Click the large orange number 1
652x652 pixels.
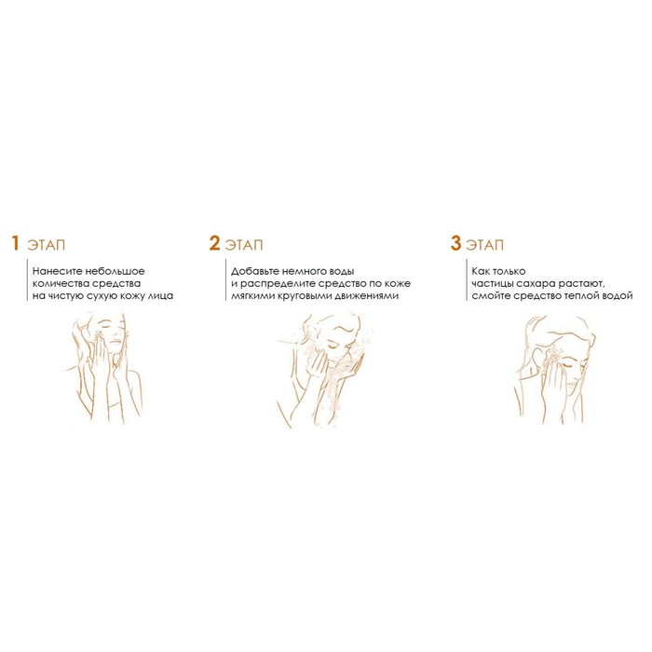point(16,243)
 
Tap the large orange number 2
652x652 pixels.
point(214,243)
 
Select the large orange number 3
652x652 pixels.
point(455,243)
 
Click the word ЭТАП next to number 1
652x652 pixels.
point(47,245)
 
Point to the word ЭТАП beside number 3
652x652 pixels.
point(485,245)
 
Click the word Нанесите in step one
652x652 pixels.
point(57,271)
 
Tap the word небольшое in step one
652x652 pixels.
point(115,271)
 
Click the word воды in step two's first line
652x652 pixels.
point(342,272)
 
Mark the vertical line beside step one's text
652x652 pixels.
point(27,279)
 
